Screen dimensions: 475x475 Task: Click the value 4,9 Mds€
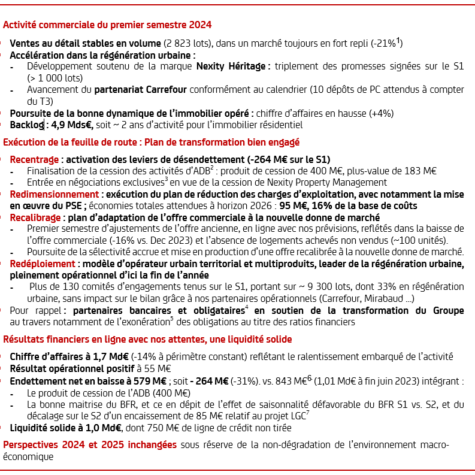tap(71, 125)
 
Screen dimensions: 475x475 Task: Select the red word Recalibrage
tap(34, 217)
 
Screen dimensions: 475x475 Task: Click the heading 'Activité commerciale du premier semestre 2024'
tap(107, 26)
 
